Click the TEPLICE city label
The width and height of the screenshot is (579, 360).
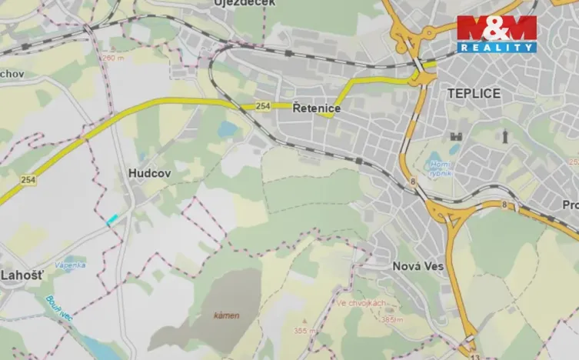(474, 94)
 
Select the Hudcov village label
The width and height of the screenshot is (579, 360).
(149, 175)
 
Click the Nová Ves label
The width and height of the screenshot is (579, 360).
(418, 266)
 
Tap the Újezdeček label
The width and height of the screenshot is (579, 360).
(245, 4)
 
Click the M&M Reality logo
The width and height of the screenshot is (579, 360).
(496, 34)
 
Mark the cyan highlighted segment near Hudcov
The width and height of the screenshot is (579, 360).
(113, 219)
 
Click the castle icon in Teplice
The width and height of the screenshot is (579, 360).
(455, 137)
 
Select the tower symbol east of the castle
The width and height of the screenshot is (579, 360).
(505, 137)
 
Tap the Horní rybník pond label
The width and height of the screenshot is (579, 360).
(440, 167)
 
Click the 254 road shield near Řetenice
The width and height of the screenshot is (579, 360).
(263, 106)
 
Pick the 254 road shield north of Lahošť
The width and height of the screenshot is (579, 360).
(28, 179)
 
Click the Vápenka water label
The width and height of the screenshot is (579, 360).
(71, 265)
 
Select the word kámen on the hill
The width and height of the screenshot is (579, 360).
(227, 315)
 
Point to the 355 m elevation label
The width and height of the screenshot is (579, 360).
(304, 331)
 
